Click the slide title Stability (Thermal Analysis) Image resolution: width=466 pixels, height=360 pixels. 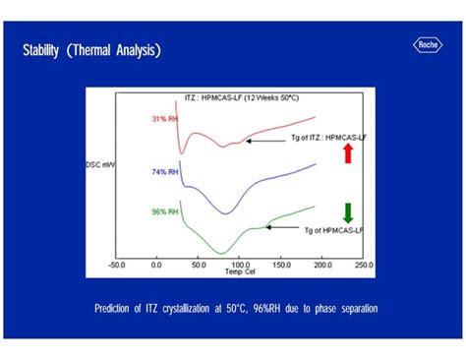click(92, 49)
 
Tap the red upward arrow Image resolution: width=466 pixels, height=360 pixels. click(347, 152)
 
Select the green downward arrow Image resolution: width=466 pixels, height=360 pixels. click(347, 213)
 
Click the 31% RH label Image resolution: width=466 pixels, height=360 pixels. click(165, 119)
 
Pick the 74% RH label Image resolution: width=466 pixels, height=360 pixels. click(165, 171)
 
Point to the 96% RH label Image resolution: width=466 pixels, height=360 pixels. click(165, 210)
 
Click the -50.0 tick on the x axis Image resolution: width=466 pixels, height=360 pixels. click(116, 265)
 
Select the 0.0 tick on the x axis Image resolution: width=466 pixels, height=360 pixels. click(156, 265)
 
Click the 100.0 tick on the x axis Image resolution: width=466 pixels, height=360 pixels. click(239, 265)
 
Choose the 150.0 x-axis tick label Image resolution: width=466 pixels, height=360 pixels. click(280, 265)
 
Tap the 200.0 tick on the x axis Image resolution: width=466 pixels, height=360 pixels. click(321, 265)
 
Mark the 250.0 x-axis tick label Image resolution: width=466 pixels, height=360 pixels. click(363, 265)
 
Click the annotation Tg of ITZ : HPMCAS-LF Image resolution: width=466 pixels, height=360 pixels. click(304, 140)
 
